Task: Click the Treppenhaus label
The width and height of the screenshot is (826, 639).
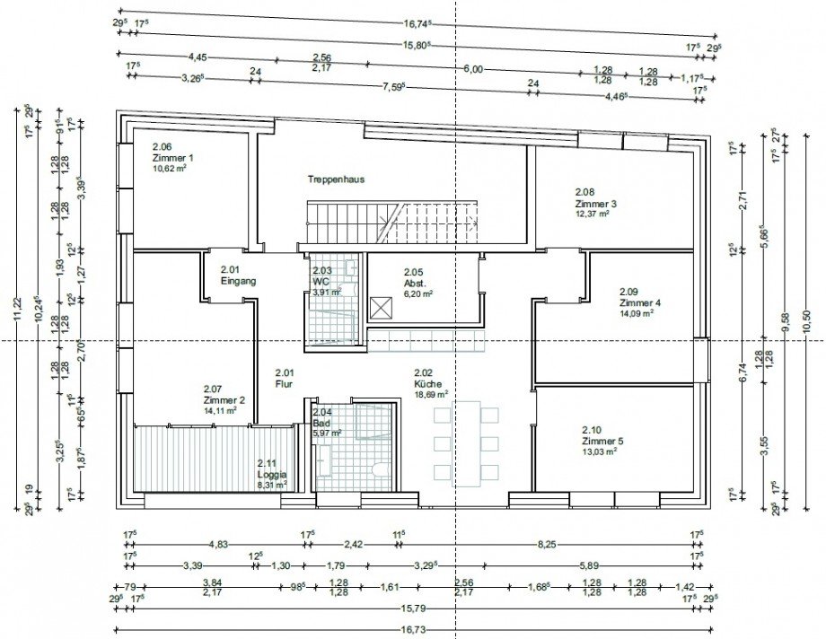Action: click(337, 179)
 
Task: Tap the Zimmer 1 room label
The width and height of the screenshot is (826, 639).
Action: click(172, 157)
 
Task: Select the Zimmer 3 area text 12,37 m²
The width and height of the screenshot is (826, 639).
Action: click(593, 214)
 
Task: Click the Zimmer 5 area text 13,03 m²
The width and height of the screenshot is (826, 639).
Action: click(601, 451)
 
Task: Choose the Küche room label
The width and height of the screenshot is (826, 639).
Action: click(427, 383)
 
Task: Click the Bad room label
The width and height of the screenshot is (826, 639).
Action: click(320, 423)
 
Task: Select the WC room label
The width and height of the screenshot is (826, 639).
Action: click(321, 281)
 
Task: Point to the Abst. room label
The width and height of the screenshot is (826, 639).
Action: click(414, 283)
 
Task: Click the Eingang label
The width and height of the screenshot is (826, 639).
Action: click(238, 281)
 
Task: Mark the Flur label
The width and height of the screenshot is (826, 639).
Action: click(284, 383)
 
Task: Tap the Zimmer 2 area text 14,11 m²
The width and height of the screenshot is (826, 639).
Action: click(220, 410)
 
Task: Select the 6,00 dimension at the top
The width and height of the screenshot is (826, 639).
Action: click(474, 68)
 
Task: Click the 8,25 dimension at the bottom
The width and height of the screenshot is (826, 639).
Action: click(545, 544)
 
